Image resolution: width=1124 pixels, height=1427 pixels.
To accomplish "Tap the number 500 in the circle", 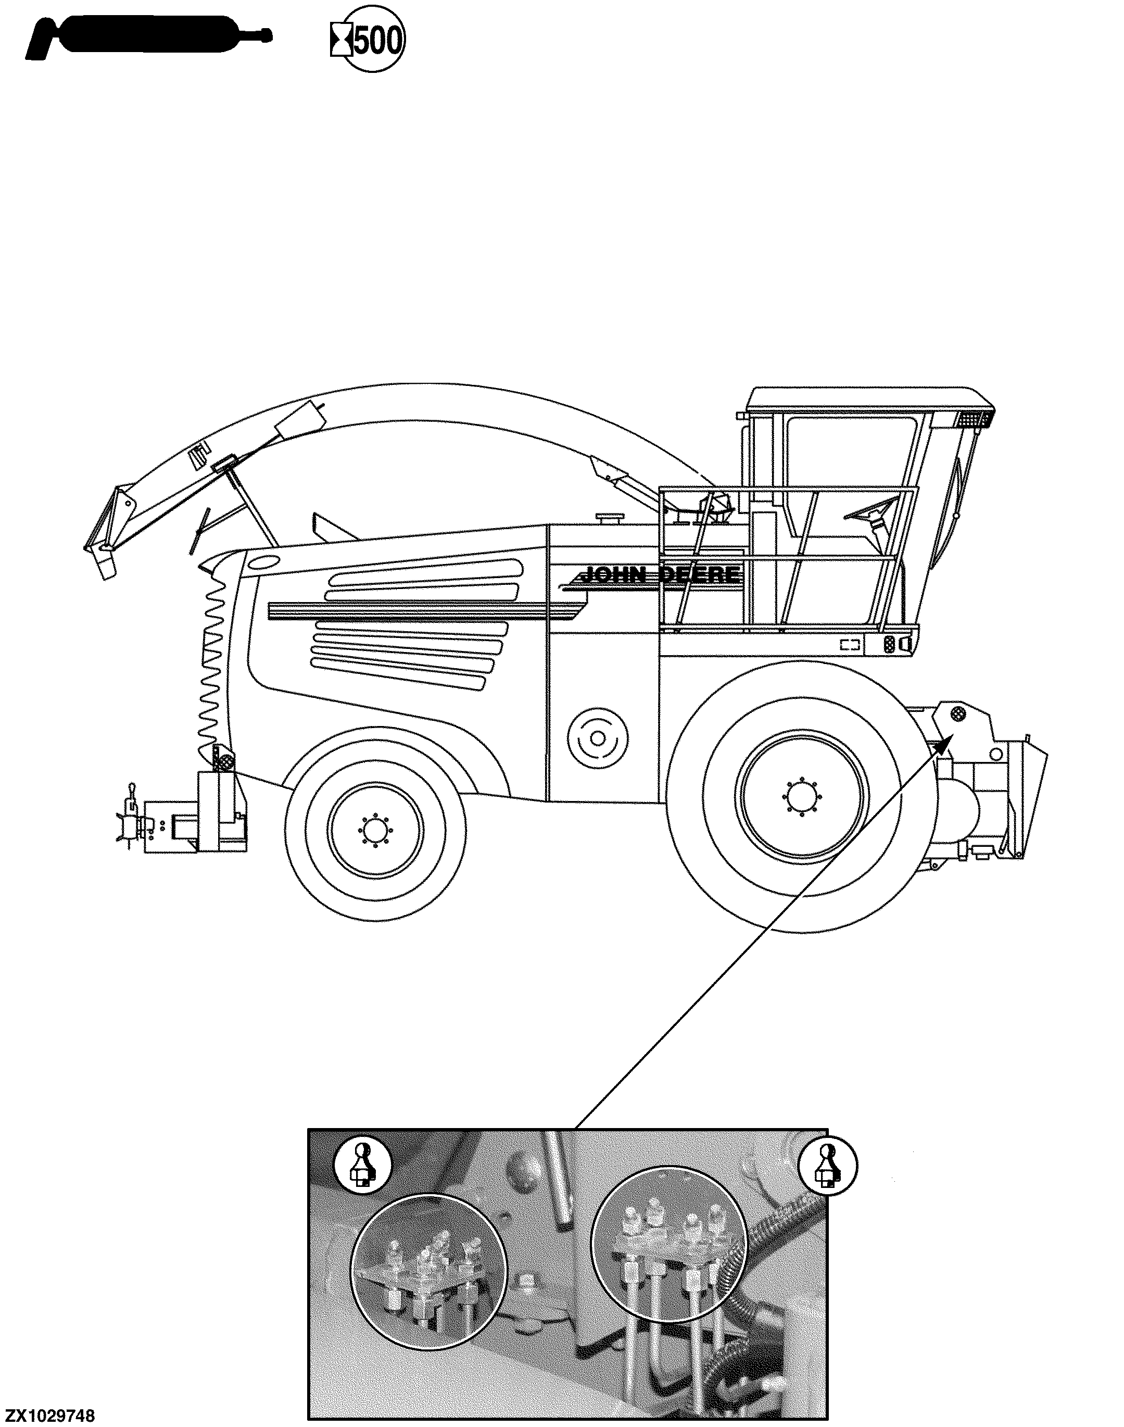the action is click(378, 43).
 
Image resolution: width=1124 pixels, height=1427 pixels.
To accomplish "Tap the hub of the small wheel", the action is click(375, 833).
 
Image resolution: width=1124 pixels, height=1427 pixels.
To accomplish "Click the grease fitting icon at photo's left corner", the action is click(361, 1163).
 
